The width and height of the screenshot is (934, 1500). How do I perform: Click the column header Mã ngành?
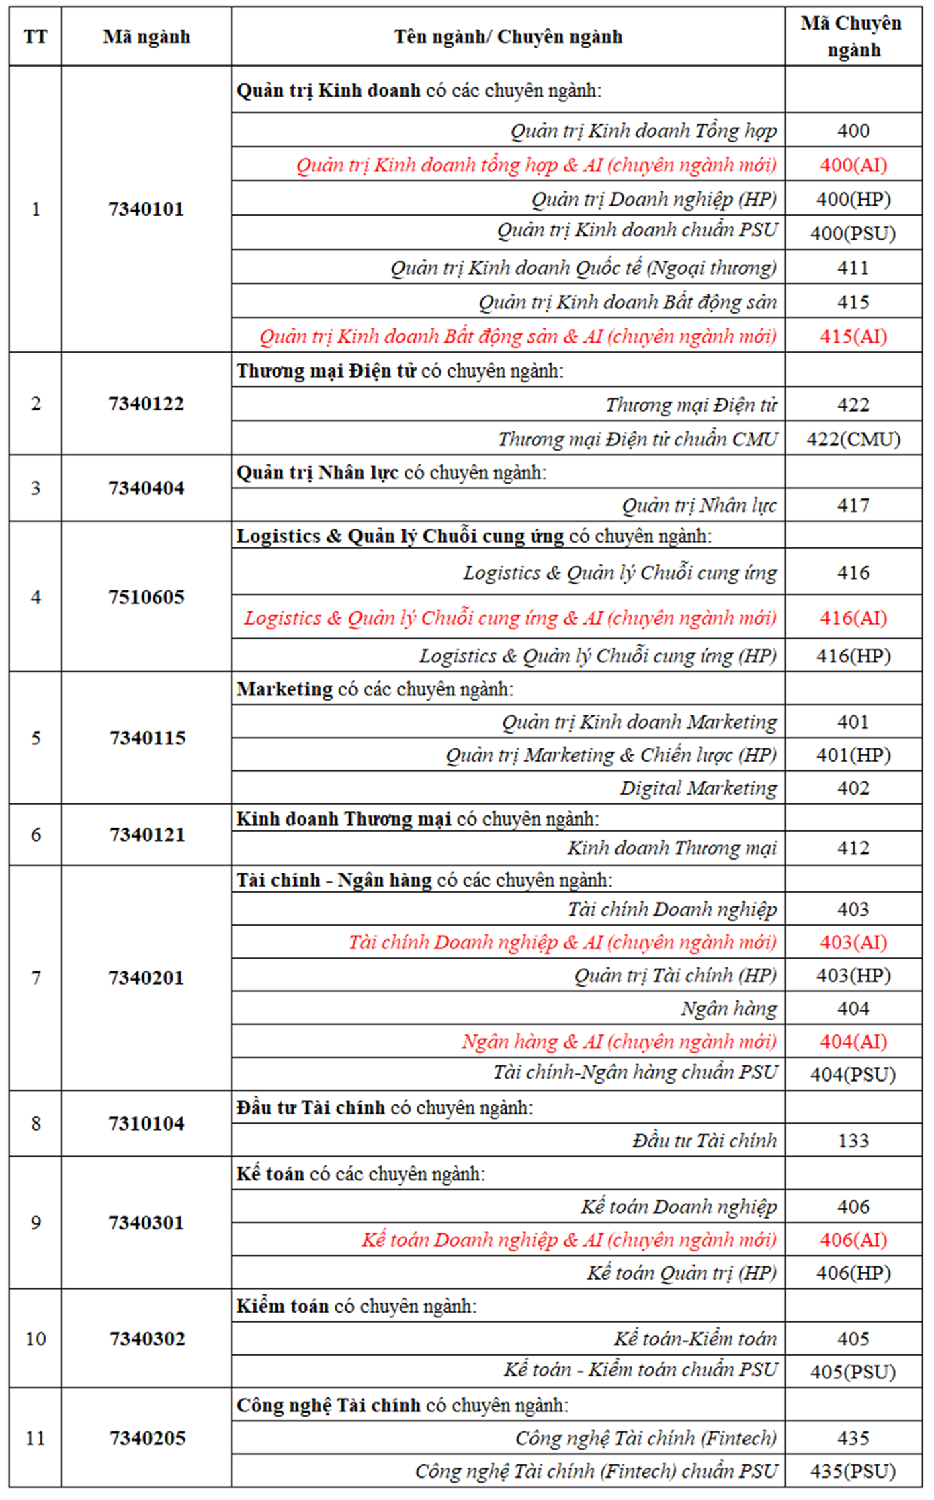(x=146, y=36)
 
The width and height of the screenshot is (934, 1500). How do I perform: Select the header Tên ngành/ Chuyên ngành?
(x=508, y=36)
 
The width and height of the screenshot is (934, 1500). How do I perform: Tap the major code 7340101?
(x=146, y=209)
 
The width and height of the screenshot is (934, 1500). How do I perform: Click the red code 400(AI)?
(x=853, y=165)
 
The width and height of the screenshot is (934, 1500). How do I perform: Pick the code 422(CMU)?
(x=853, y=439)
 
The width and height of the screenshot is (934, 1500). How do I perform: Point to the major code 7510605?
(x=146, y=597)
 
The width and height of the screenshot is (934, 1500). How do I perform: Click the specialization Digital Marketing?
(x=698, y=787)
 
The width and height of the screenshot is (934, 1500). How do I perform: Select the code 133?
(x=853, y=1140)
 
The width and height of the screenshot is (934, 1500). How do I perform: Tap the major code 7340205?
(x=147, y=1438)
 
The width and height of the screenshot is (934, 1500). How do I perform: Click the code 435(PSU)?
(x=853, y=1471)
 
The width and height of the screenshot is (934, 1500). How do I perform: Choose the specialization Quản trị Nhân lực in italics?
(x=699, y=505)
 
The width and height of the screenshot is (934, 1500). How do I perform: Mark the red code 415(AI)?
(x=853, y=336)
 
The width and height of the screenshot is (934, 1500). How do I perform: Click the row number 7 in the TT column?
(x=36, y=977)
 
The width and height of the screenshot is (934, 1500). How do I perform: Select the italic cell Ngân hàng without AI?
(x=729, y=1008)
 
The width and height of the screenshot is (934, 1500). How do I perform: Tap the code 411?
(x=853, y=267)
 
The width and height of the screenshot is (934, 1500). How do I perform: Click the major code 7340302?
(x=147, y=1339)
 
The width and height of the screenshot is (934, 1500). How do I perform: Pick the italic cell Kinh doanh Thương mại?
(x=672, y=848)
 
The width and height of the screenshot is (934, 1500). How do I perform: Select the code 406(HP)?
(x=853, y=1272)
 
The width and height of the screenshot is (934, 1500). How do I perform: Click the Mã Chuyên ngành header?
(x=853, y=36)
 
